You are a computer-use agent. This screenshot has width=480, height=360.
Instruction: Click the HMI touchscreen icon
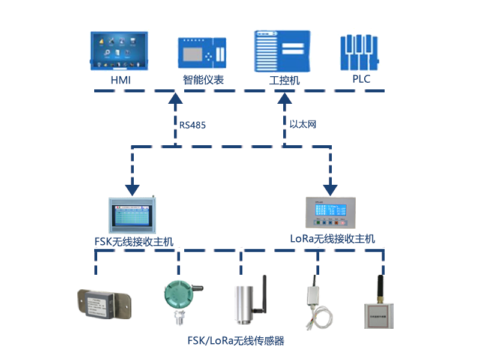point(121,51)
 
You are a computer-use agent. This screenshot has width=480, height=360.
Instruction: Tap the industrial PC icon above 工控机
point(283,51)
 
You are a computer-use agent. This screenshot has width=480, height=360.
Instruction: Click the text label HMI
point(120,80)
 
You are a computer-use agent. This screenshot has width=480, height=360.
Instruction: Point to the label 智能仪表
point(203,80)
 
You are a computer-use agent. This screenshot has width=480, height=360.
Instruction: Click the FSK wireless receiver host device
point(133,215)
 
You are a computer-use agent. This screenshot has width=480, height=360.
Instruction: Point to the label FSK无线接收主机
point(134,242)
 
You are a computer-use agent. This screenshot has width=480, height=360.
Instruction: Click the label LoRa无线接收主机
point(332,239)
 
